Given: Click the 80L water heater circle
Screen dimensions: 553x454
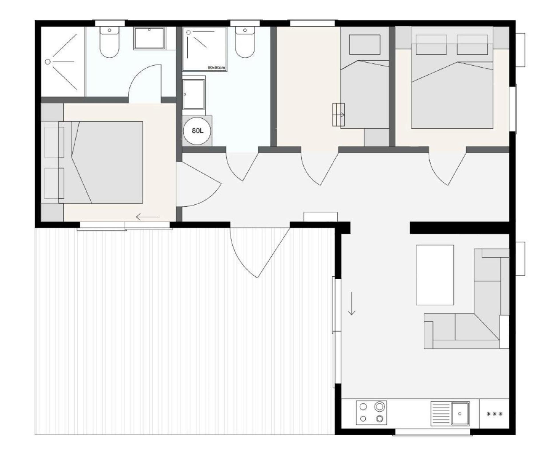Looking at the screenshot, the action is click(197, 131).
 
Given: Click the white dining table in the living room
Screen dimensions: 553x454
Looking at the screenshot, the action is click(435, 275).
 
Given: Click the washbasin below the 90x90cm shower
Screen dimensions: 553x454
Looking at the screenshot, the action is click(194, 94).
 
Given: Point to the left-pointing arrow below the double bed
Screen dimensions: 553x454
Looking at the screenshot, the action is click(148, 217).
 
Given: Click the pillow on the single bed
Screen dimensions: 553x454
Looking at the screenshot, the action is click(365, 45).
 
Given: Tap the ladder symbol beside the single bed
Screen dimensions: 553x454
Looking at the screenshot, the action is click(339, 115).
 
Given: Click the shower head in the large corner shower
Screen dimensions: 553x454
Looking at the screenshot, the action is click(47, 62).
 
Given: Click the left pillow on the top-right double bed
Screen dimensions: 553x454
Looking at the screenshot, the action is click(431, 45).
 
